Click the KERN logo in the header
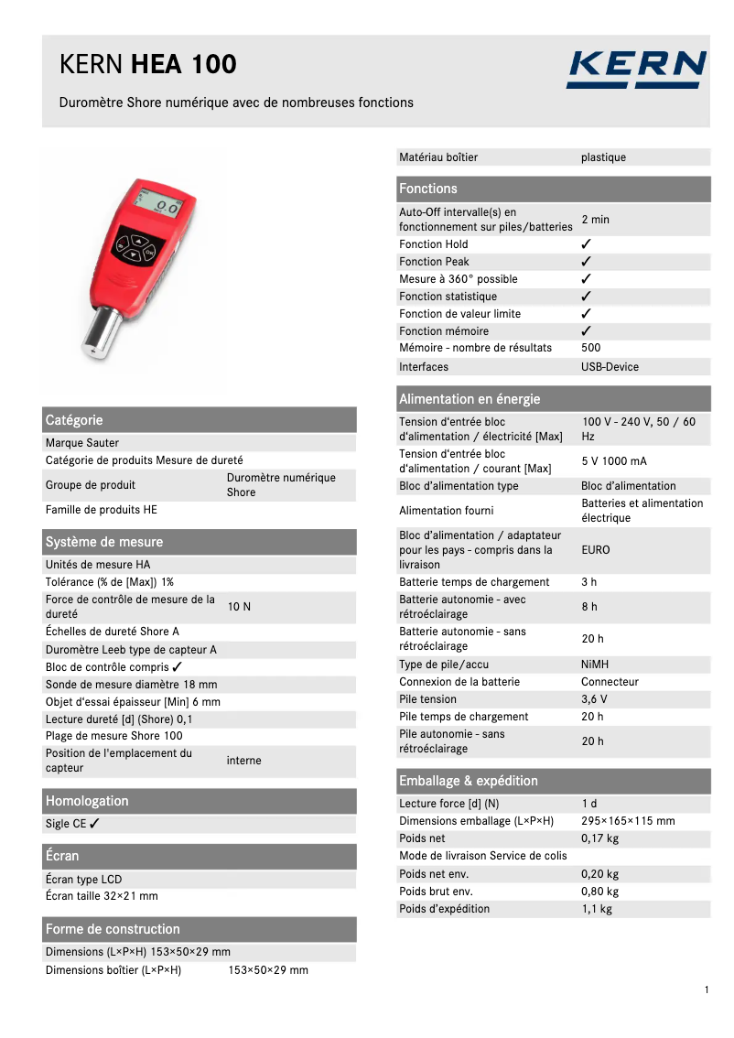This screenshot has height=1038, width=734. pyautogui.click(x=636, y=70)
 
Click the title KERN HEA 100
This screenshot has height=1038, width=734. pyautogui.click(x=147, y=64)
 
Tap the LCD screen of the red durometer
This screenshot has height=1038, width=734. pyautogui.click(x=160, y=206)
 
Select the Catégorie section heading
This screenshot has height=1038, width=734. pyautogui.click(x=74, y=420)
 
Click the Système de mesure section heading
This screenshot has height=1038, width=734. pyautogui.click(x=103, y=542)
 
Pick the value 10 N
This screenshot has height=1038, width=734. pyautogui.click(x=239, y=607)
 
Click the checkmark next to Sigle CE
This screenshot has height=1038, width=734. pyautogui.click(x=94, y=824)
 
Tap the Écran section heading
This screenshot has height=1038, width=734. pyautogui.click(x=62, y=856)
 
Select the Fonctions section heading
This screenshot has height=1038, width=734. pyautogui.click(x=427, y=189)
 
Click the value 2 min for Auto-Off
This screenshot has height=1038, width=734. pyautogui.click(x=595, y=220)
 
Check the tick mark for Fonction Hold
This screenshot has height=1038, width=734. pyautogui.click(x=587, y=244)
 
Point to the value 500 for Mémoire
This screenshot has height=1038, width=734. pyautogui.click(x=591, y=348)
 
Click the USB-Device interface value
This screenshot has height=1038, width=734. pyautogui.click(x=610, y=367)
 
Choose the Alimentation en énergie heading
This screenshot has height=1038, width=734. pyautogui.click(x=470, y=399)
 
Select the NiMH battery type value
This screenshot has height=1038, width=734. pyautogui.click(x=595, y=665)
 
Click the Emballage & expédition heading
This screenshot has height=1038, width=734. pyautogui.click(x=468, y=781)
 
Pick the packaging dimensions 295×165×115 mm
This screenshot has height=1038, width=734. pyautogui.click(x=628, y=821)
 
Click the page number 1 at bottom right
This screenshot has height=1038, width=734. pyautogui.click(x=707, y=989)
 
